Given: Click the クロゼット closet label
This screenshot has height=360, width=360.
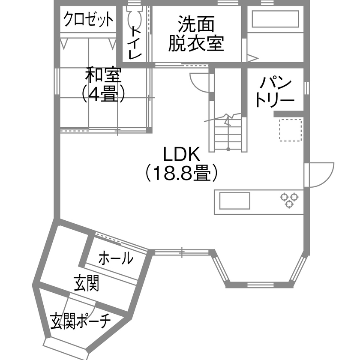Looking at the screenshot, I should (x=89, y=20).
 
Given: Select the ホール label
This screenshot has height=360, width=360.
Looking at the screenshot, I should (x=116, y=258).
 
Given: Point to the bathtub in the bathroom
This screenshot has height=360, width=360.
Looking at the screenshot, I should (x=275, y=20).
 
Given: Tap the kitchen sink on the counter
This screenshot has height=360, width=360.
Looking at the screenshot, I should (x=234, y=201).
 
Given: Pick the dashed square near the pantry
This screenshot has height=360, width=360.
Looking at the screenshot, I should (x=291, y=130).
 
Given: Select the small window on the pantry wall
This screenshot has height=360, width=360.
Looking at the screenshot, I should (x=306, y=87).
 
